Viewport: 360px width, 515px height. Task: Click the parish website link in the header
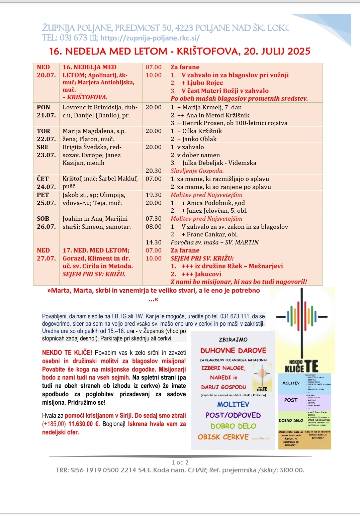click(150, 38)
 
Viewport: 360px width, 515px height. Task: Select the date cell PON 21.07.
click(46, 111)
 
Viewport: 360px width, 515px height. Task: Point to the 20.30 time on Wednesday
click(154, 171)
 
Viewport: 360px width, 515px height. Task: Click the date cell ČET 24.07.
click(46, 183)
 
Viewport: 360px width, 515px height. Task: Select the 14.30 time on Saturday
click(154, 242)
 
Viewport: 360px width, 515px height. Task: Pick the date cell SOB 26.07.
click(46, 223)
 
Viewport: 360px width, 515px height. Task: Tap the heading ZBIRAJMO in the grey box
click(233, 340)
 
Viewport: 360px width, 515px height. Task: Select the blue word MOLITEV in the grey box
click(233, 405)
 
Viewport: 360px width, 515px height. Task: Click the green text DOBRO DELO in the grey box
click(233, 426)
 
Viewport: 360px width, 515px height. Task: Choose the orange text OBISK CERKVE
click(223, 437)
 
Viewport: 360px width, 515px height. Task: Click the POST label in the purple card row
click(291, 400)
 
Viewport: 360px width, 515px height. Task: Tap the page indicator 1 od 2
click(180, 463)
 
